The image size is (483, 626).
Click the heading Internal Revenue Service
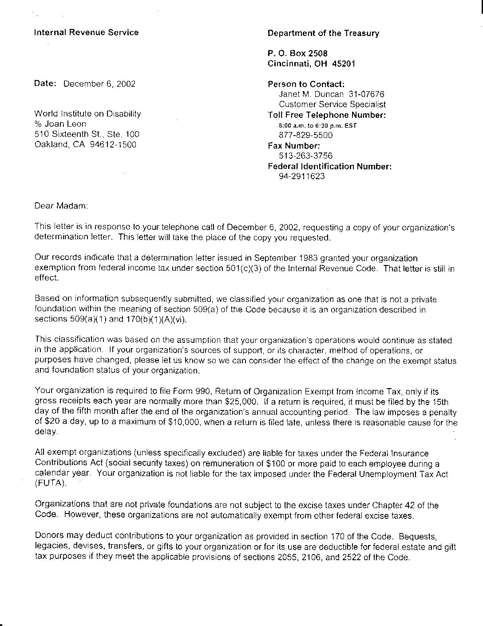click(86, 32)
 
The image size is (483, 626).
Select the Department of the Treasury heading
click(323, 33)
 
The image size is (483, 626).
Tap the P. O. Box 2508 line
click(297, 54)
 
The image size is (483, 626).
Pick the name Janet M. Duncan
click(311, 94)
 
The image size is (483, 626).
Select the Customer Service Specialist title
click(332, 104)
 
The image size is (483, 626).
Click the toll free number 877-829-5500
click(305, 135)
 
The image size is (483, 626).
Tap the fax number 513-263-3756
click(305, 156)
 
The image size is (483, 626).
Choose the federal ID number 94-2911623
click(301, 176)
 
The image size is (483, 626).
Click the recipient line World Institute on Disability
click(87, 114)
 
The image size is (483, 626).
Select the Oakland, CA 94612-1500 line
click(85, 144)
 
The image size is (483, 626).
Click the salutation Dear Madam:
click(61, 206)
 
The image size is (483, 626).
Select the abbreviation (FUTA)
click(50, 484)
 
